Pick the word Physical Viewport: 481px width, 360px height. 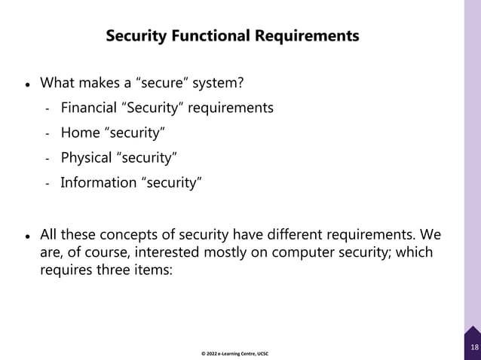tap(85, 157)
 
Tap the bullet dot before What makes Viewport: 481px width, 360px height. tap(27, 83)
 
